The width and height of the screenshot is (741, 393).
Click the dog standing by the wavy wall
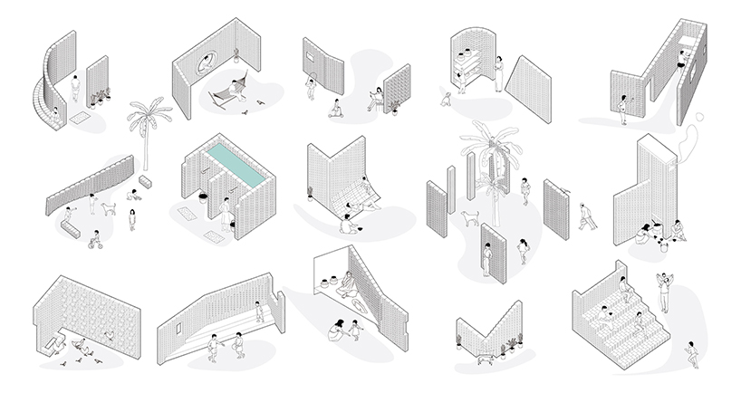coord(110,208)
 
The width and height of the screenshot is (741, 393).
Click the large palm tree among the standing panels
coord(489,172)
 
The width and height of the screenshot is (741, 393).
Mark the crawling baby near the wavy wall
coord(133,194)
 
